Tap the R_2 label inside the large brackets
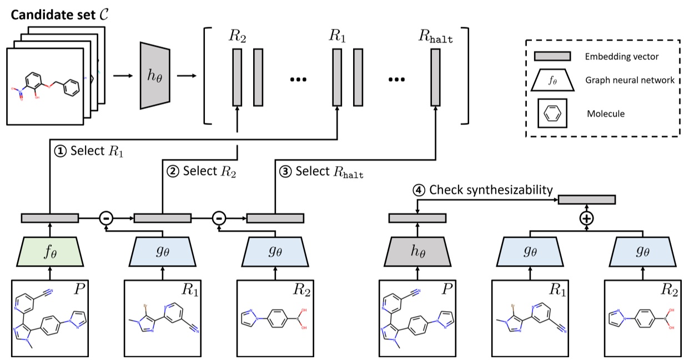click(x=237, y=37)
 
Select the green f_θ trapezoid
click(x=51, y=252)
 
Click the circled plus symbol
click(x=586, y=218)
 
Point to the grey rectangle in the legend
click(x=552, y=56)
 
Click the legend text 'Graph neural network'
click(x=630, y=80)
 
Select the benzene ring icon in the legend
click(x=552, y=113)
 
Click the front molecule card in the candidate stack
click(x=45, y=86)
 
